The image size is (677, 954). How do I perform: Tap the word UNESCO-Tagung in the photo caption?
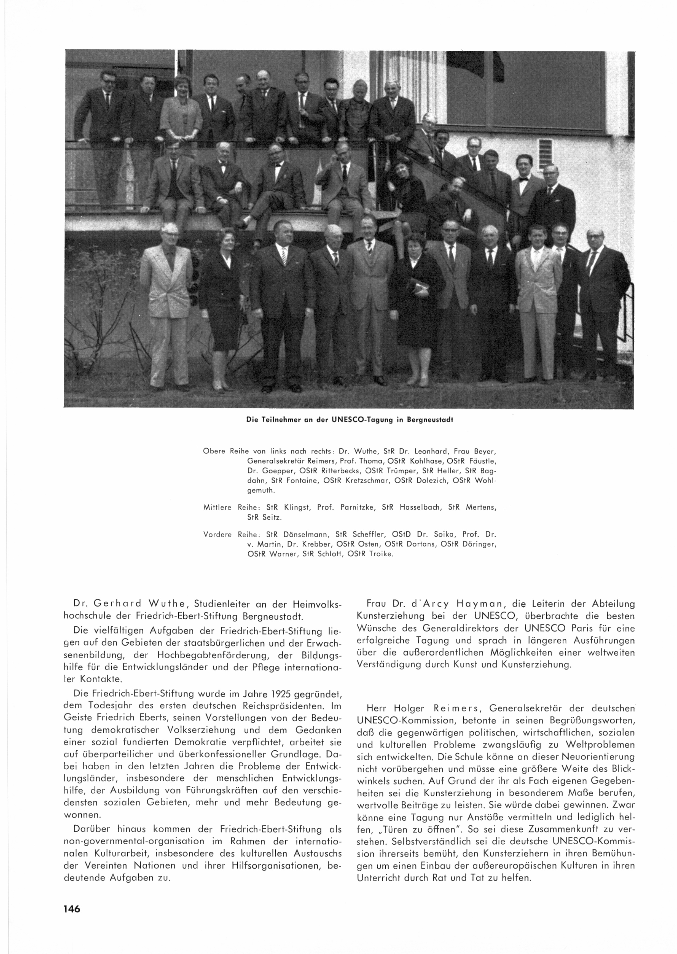click(x=353, y=420)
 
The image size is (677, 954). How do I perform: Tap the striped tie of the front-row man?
click(x=283, y=256)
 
